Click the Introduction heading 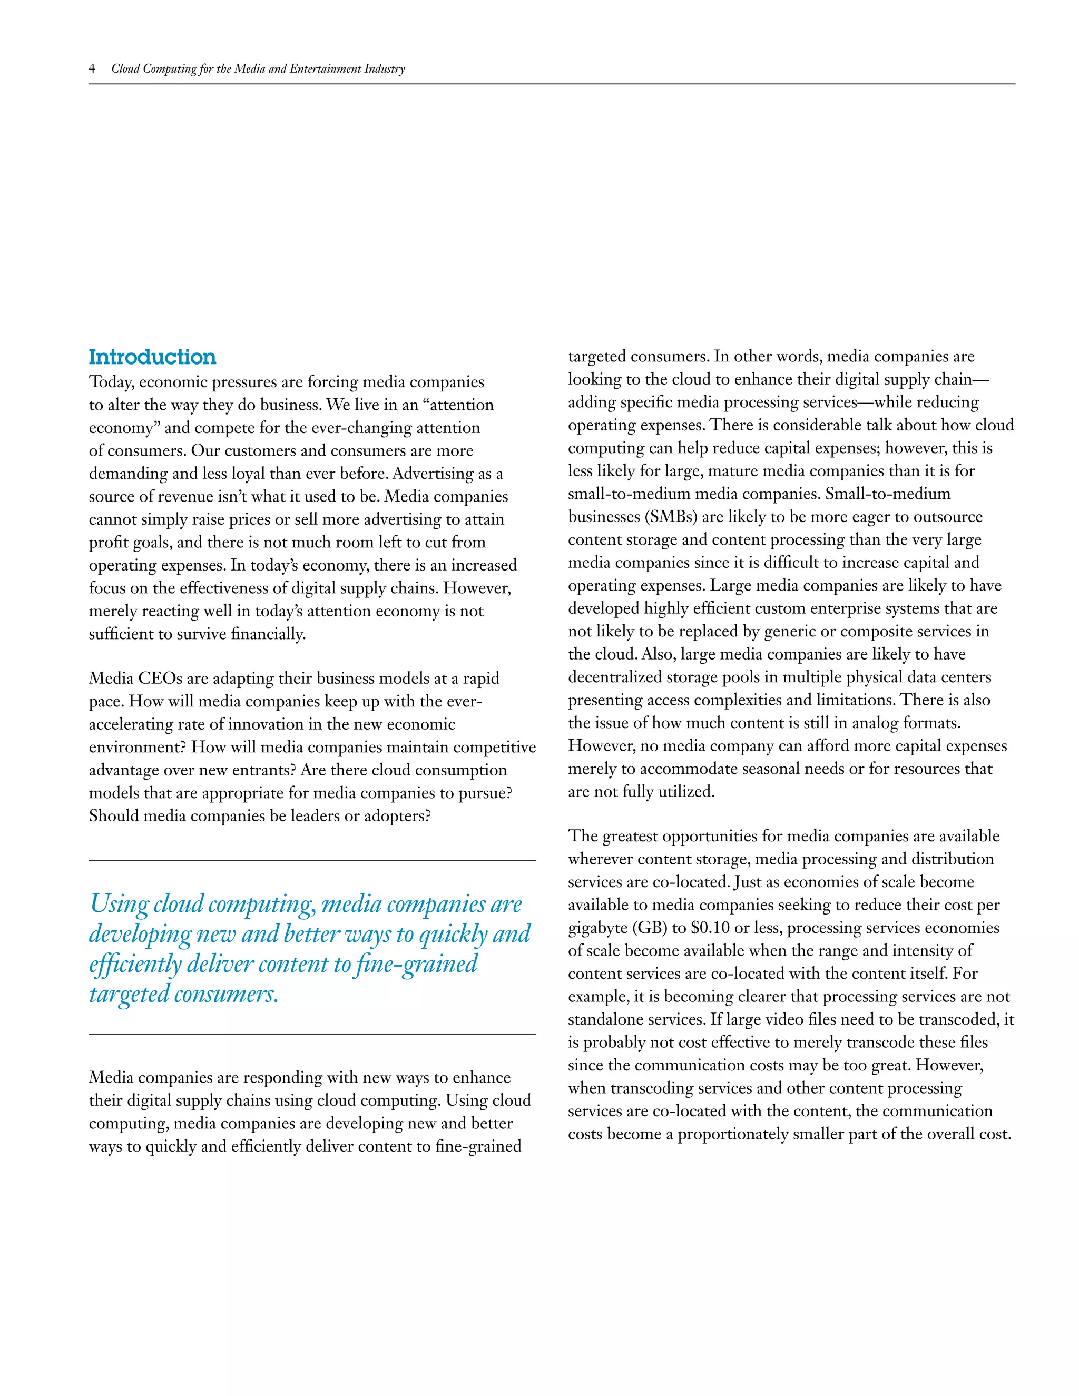[x=152, y=357]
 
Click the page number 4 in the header [x=92, y=68]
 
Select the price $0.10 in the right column [x=710, y=928]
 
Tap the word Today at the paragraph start [x=111, y=382]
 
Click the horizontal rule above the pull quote [x=312, y=861]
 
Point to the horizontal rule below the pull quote [x=312, y=1034]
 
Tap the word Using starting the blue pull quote [x=120, y=904]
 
